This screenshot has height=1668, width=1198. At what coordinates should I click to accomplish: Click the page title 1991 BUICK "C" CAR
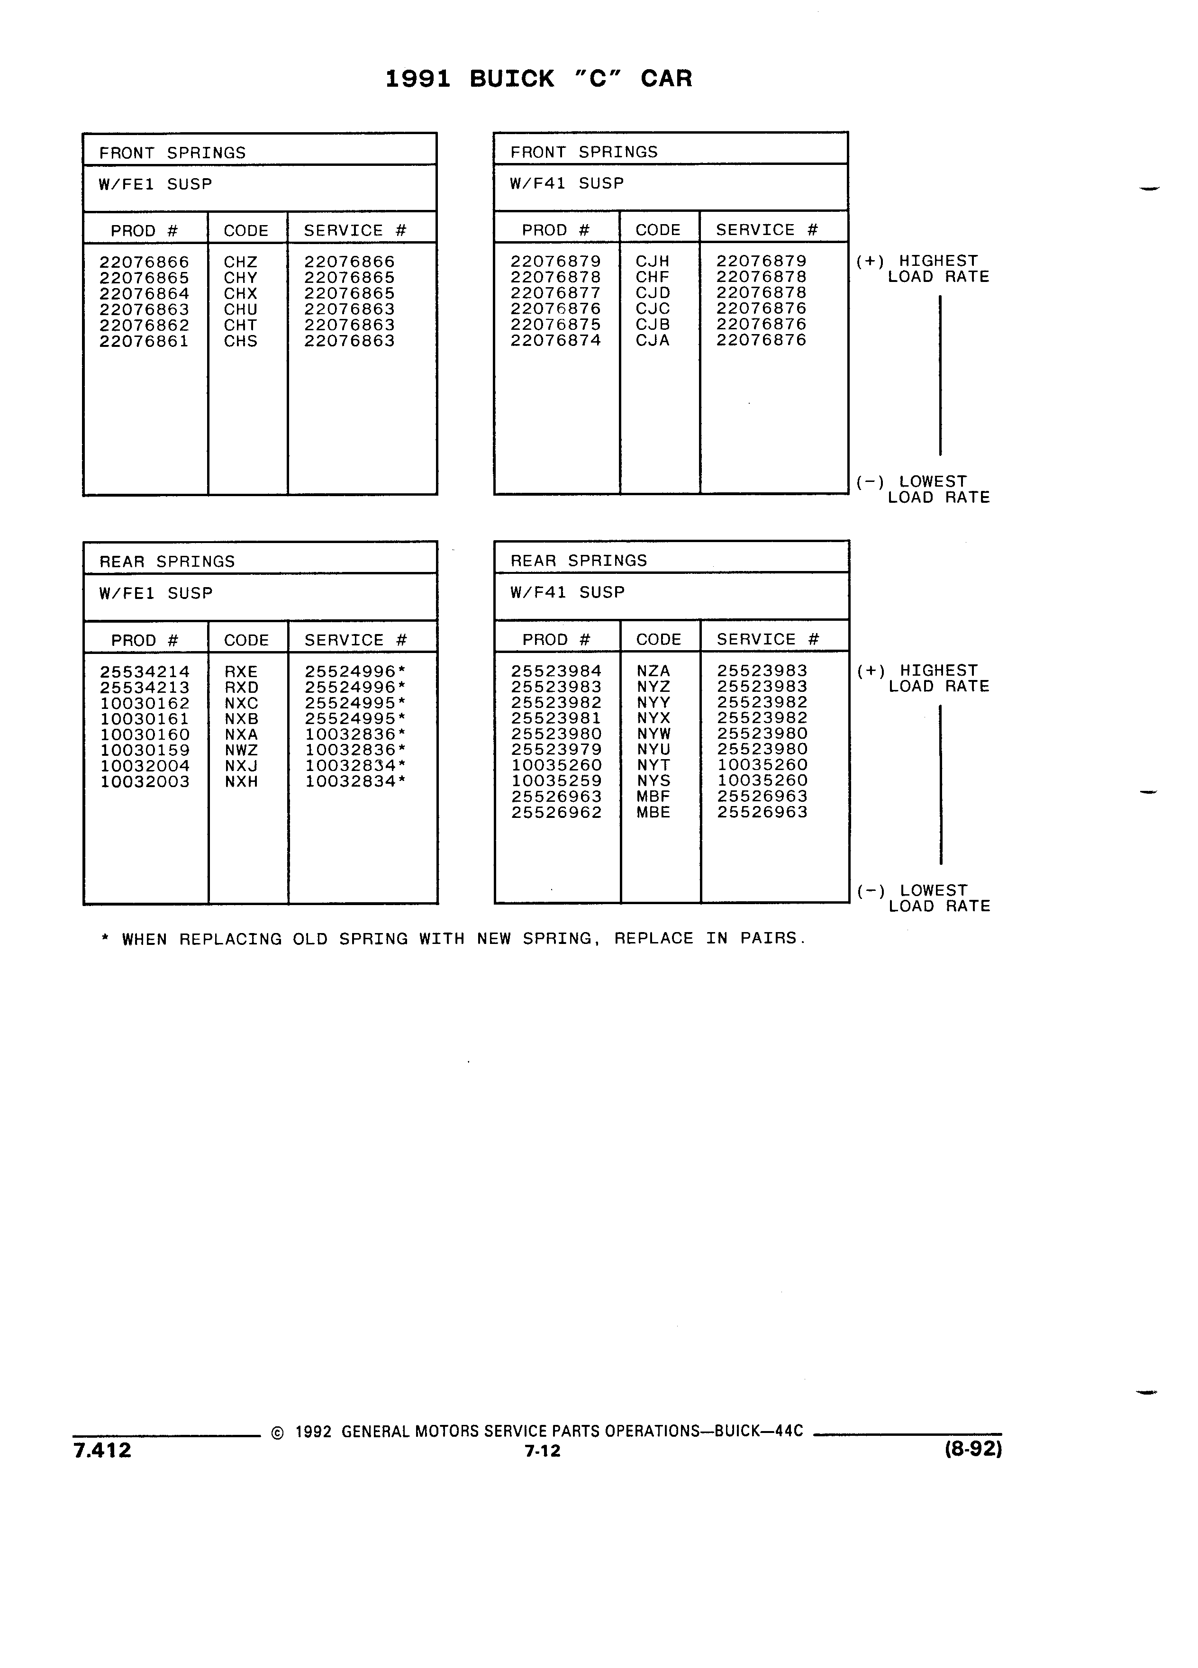pos(538,79)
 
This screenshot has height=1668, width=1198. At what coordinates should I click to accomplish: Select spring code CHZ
pos(240,262)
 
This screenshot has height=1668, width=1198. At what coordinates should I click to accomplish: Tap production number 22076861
pos(144,341)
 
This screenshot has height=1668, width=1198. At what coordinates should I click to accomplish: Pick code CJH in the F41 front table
pos(653,261)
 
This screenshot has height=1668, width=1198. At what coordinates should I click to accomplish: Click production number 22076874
pos(556,341)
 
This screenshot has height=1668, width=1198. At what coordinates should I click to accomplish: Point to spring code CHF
pos(653,277)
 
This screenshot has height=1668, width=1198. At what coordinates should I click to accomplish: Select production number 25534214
pos(145,671)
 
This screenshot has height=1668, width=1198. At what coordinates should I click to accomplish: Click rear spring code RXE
pos(241,671)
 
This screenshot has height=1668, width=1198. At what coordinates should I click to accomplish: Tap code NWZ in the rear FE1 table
pos(241,750)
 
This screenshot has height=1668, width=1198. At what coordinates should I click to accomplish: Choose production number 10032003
pos(145,782)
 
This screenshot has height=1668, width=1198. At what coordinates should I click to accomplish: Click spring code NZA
pos(653,671)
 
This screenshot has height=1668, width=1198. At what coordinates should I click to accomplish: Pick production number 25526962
pos(557,813)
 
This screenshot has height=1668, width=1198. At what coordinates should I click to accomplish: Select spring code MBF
pos(653,797)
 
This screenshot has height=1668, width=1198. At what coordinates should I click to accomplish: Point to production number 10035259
pos(557,781)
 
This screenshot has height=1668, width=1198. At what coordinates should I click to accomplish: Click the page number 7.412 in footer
pos(102,1450)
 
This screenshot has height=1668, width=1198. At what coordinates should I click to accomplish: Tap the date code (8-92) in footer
pos(973,1449)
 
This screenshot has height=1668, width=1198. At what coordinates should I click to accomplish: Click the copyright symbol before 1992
pos(277,1432)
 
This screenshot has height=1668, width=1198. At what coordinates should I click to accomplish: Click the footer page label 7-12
pos(543,1451)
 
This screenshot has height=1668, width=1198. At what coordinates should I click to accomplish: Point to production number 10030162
pos(145,703)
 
